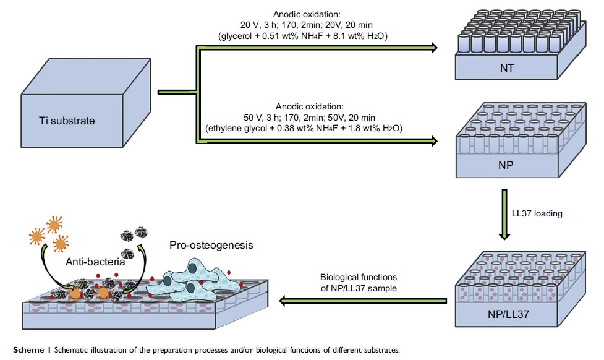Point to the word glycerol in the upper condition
(235, 36)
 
